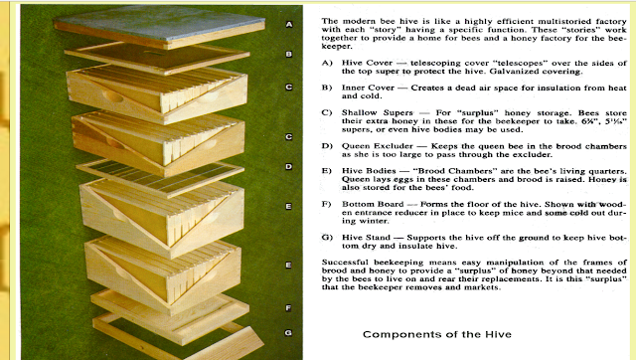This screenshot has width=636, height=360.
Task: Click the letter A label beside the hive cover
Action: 289,24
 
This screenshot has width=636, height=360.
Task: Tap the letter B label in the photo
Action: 289,54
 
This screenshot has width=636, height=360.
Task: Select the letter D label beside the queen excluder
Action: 289,166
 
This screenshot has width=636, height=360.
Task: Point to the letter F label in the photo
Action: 288,308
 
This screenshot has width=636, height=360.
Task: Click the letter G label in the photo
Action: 288,333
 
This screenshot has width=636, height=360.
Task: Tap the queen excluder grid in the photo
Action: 160,176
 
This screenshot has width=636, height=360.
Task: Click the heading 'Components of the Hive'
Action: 437,334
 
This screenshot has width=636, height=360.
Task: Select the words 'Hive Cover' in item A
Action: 367,63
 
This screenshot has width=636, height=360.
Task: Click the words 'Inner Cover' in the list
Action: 368,88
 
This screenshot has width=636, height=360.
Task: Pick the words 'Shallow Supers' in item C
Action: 378,112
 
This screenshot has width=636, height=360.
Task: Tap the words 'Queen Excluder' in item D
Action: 378,146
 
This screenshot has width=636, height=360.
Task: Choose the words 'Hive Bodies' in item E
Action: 369,171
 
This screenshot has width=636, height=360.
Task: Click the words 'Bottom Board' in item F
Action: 373,204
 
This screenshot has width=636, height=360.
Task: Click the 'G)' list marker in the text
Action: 327,238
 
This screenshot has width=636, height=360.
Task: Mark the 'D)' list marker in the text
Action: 327,146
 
